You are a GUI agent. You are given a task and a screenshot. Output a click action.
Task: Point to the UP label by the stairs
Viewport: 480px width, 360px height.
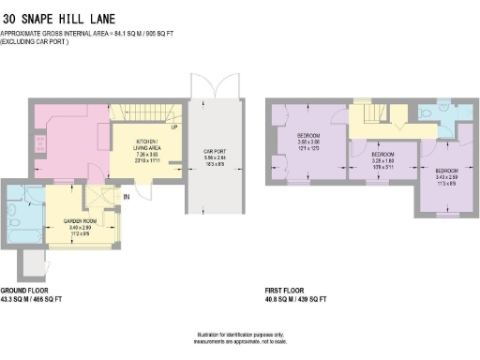pyautogui.click(x=174, y=127)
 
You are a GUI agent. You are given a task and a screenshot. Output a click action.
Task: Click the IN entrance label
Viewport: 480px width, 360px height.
pyautogui.click(x=125, y=197)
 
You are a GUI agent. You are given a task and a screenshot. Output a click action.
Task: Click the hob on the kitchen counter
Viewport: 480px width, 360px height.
pyautogui.click(x=38, y=144)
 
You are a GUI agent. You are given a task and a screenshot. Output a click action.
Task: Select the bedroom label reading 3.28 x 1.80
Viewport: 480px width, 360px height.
pyautogui.click(x=382, y=157)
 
